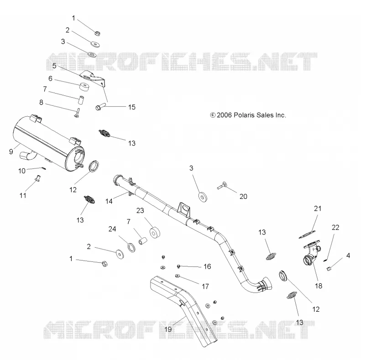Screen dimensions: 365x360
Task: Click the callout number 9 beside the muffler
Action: pos(11,152)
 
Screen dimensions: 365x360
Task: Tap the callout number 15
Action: pos(132,107)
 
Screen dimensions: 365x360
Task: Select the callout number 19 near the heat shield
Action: pos(168,329)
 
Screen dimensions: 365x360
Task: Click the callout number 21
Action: pos(318,209)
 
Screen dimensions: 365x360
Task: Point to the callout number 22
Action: pos(335,227)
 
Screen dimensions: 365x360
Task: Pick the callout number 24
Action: pos(112,229)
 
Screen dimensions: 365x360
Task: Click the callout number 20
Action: pos(243,197)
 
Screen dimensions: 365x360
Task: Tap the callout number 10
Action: pos(22,171)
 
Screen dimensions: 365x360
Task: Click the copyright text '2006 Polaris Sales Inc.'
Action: pos(251,115)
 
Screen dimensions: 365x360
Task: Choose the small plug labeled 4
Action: pos(329,269)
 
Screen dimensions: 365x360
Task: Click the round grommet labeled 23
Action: pos(154,233)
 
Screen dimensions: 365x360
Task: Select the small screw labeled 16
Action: pos(179,266)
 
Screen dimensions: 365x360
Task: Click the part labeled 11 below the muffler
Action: pos(37,178)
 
